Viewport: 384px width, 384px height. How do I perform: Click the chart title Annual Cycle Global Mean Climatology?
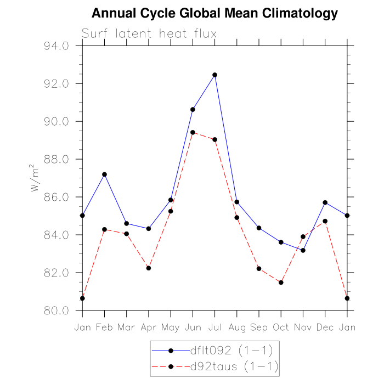(x=214, y=13)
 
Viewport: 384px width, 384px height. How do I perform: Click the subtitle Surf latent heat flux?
(x=149, y=33)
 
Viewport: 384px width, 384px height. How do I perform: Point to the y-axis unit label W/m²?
(x=35, y=178)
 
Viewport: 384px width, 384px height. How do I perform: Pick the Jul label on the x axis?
(x=214, y=327)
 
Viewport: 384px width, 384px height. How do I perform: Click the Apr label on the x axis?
(x=148, y=327)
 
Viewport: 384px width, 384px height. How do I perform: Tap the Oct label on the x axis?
(x=281, y=327)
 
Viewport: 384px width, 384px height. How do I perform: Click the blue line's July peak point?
(x=214, y=75)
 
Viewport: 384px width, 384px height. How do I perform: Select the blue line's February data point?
(x=104, y=174)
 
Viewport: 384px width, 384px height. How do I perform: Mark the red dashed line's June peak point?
(x=193, y=132)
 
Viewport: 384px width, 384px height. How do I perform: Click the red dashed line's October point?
(x=281, y=283)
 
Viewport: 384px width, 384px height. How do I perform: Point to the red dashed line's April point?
(x=148, y=268)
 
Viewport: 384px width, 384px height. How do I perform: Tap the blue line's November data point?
(x=303, y=250)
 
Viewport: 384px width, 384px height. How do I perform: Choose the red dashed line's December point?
(x=325, y=221)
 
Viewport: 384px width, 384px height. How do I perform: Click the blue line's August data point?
(x=237, y=202)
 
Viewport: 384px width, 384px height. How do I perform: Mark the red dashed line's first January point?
(x=82, y=298)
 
